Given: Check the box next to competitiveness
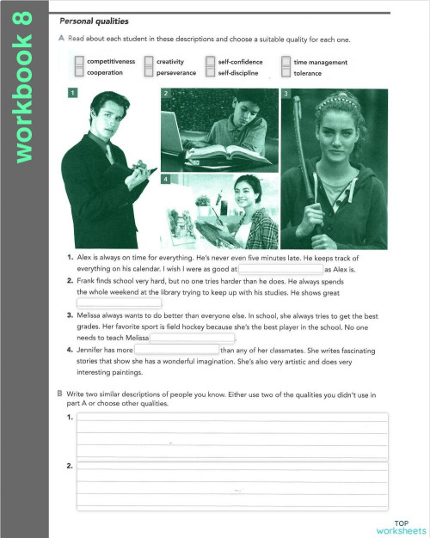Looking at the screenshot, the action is pyautogui.click(x=79, y=62).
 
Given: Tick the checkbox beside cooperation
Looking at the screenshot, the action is pyautogui.click(x=79, y=73).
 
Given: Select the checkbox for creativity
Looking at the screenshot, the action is pyautogui.click(x=149, y=62).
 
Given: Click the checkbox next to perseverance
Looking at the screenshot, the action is pyautogui.click(x=149, y=73).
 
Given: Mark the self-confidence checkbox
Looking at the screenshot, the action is pyautogui.click(x=211, y=62).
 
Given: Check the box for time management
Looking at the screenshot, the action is pyautogui.click(x=286, y=62).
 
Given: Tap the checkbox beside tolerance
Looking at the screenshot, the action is pyautogui.click(x=286, y=73).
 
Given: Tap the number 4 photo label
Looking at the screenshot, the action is pyautogui.click(x=164, y=179).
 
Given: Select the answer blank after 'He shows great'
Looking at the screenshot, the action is pyautogui.click(x=120, y=303).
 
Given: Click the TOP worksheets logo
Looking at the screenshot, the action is pyautogui.click(x=401, y=527).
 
